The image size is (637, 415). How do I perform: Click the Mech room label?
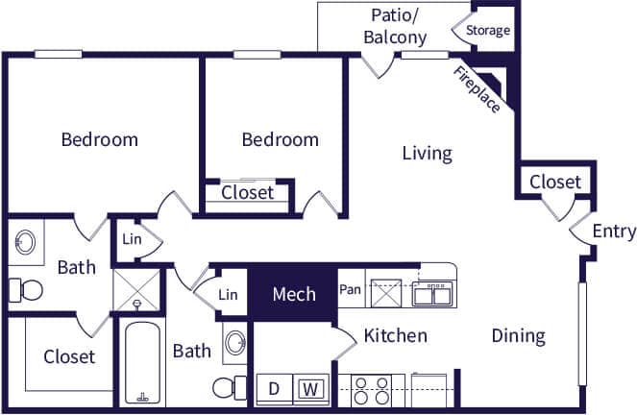click(x=293, y=294)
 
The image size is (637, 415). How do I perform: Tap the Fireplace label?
click(x=478, y=90)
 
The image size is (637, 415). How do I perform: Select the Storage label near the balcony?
click(x=488, y=30)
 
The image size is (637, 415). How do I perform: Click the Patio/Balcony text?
click(x=395, y=26)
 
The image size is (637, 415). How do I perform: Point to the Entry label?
click(x=614, y=231)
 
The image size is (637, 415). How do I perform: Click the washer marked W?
click(x=310, y=390)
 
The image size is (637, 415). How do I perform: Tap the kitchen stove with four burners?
click(x=371, y=390)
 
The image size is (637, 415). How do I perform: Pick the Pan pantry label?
click(x=349, y=288)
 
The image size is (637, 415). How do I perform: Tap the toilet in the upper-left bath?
click(x=26, y=288)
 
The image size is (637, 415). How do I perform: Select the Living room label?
click(x=427, y=153)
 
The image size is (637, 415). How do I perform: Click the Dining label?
click(x=518, y=336)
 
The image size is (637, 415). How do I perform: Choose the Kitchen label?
click(x=395, y=336)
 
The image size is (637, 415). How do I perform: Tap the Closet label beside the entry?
click(x=555, y=182)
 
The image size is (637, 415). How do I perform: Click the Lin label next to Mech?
click(x=228, y=295)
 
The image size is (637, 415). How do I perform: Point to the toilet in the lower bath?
click(x=227, y=387)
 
